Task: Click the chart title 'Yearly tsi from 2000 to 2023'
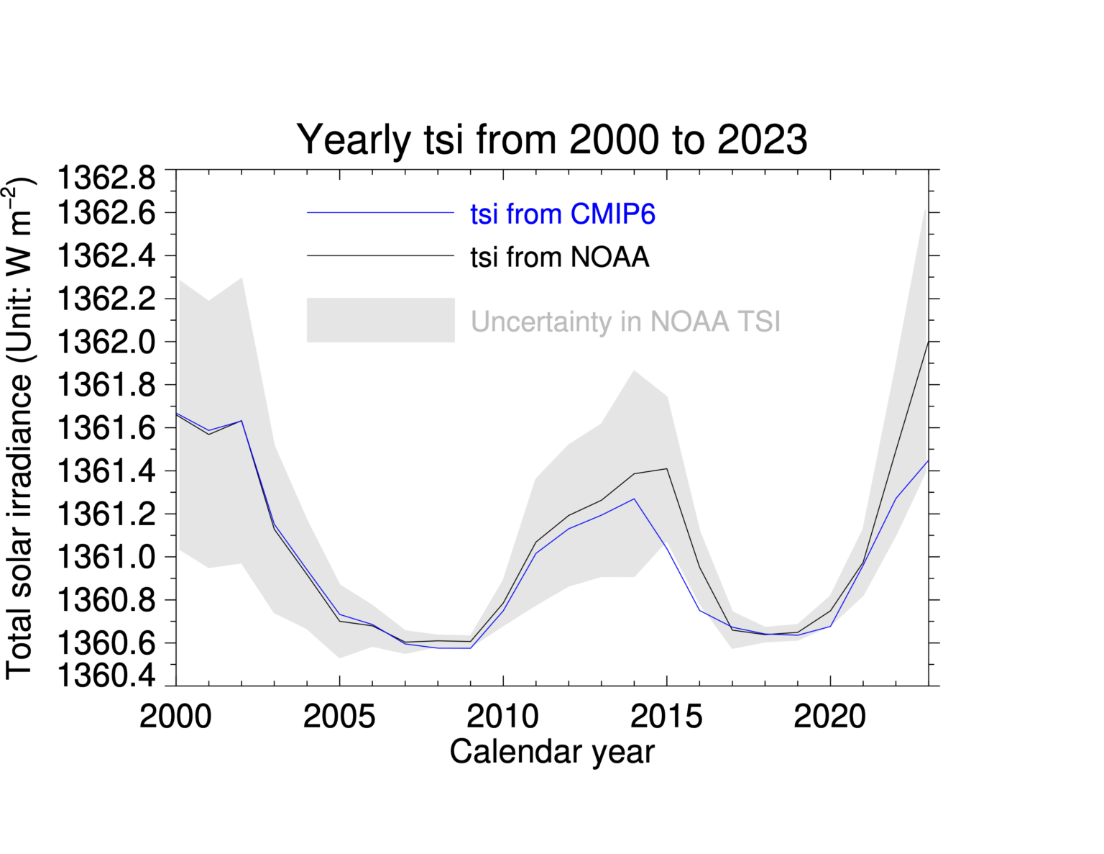pyautogui.click(x=551, y=140)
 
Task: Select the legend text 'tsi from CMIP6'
pyautogui.click(x=562, y=214)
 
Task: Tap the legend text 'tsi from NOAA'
pyautogui.click(x=559, y=257)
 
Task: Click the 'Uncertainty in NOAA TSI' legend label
pyautogui.click(x=625, y=322)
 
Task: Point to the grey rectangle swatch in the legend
pyautogui.click(x=380, y=320)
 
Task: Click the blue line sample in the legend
pyautogui.click(x=380, y=213)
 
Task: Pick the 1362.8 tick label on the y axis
pyautogui.click(x=106, y=178)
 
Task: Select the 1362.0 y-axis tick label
pyautogui.click(x=106, y=342)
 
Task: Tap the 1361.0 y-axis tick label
pyautogui.click(x=106, y=558)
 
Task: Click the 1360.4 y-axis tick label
pyautogui.click(x=106, y=675)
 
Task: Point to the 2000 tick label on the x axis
pyautogui.click(x=175, y=717)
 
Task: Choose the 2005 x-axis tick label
pyautogui.click(x=339, y=717)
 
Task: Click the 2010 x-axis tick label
pyautogui.click(x=502, y=717)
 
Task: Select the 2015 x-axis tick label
pyautogui.click(x=666, y=717)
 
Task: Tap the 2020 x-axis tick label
pyautogui.click(x=829, y=717)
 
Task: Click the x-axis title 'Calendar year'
pyautogui.click(x=551, y=752)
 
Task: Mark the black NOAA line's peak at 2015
pyautogui.click(x=666, y=468)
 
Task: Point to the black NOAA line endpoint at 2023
pyautogui.click(x=928, y=342)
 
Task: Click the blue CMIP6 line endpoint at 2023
pyautogui.click(x=928, y=460)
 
